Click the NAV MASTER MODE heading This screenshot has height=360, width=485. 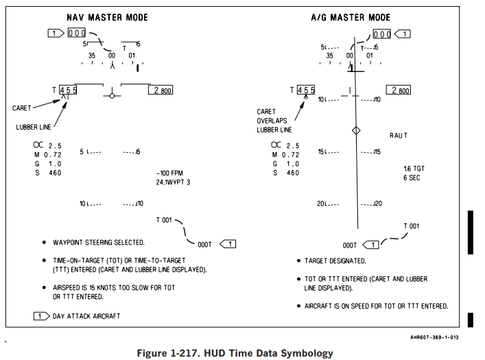[107, 17]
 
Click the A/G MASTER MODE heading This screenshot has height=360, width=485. [351, 17]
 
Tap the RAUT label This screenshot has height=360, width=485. [399, 136]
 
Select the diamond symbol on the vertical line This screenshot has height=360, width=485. [356, 130]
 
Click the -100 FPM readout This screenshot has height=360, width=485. [169, 173]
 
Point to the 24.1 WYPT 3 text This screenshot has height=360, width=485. [173, 182]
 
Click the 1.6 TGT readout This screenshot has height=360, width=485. [414, 169]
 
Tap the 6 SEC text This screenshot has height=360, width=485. [412, 178]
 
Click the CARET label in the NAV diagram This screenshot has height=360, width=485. [22, 108]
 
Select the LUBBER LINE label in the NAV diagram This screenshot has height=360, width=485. [34, 127]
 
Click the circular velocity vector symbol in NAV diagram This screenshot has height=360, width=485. [112, 96]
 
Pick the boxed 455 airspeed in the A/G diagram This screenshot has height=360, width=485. [306, 90]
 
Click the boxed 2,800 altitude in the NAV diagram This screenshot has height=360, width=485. [161, 90]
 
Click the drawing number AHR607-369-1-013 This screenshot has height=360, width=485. [434, 337]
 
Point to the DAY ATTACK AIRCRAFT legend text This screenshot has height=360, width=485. [86, 316]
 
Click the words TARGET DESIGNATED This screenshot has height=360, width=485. [335, 261]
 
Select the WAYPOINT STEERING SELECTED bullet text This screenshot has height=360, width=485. [99, 243]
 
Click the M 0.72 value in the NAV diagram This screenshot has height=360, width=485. [48, 155]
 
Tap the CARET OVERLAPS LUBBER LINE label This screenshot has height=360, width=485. [274, 121]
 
